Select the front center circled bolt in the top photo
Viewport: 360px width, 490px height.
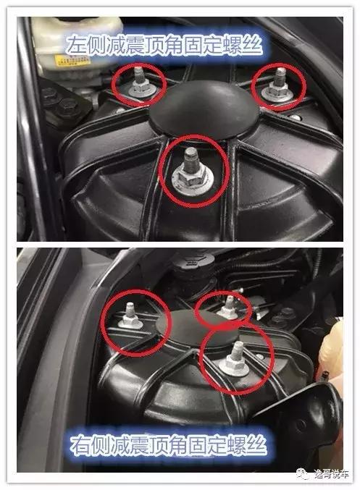click(189, 174)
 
